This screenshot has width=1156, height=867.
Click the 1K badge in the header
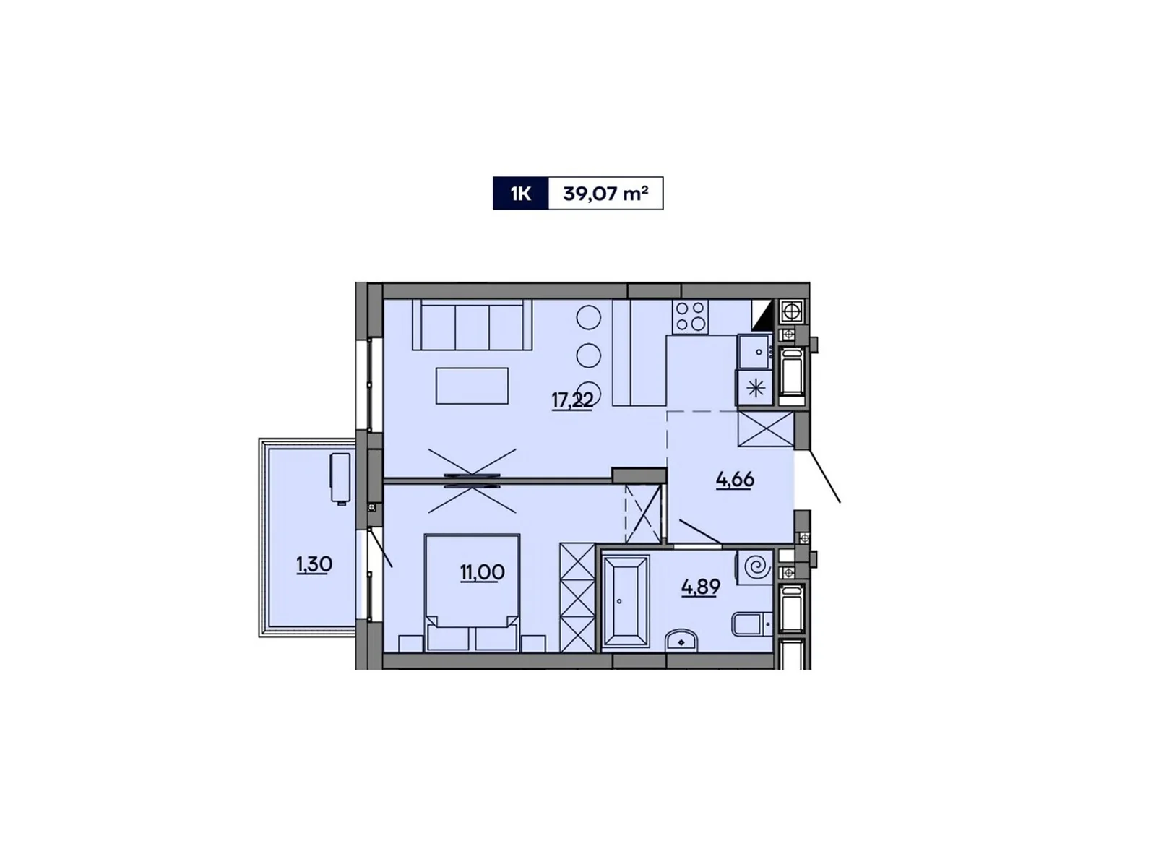(520, 194)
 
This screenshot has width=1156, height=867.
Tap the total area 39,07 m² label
(605, 194)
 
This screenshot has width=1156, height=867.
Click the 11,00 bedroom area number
(482, 572)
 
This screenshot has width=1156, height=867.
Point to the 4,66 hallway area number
(735, 479)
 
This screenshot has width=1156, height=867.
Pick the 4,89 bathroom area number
(701, 587)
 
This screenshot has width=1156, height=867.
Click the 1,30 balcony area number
(314, 564)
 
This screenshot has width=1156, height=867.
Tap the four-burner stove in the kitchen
(689, 316)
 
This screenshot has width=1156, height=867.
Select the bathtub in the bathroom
(625, 602)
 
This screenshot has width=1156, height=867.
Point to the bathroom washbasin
(681, 640)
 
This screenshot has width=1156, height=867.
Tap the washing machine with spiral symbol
(755, 566)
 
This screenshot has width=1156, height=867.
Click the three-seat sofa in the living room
(472, 325)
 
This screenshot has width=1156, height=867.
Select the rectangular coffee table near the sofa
(472, 385)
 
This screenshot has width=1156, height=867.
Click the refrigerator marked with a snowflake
(755, 387)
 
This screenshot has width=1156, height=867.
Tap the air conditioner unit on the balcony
(339, 477)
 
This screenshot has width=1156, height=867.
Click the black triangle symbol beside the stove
(764, 314)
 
